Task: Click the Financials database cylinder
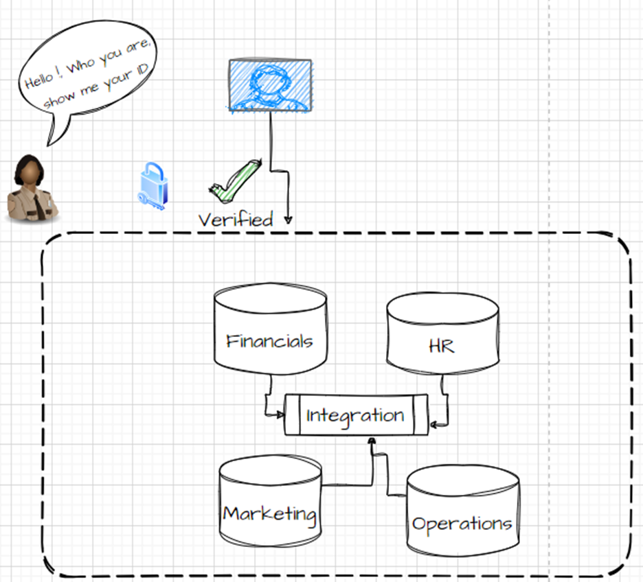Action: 270,329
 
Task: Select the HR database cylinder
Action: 442,335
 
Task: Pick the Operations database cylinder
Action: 462,513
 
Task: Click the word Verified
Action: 236,220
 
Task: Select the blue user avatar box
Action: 270,85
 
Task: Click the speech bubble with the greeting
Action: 89,75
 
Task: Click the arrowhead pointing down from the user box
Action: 288,220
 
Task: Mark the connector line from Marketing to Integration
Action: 350,485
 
